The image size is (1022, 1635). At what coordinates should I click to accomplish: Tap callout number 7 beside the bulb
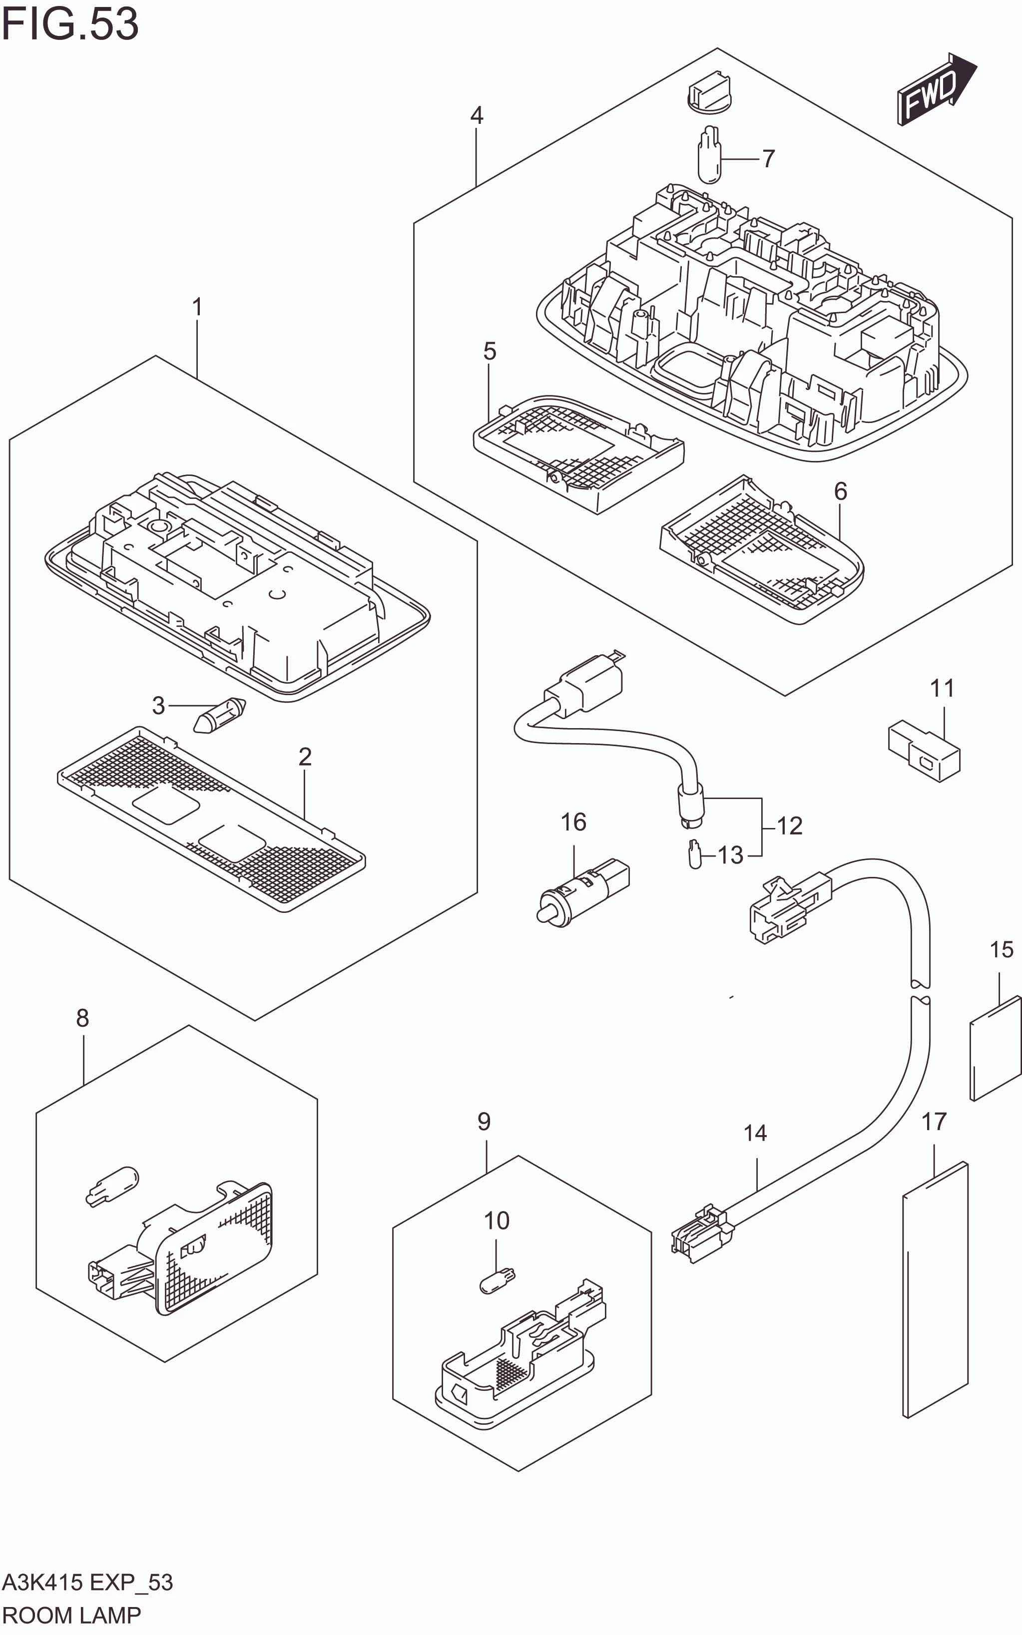pos(768,159)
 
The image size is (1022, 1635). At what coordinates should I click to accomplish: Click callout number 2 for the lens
pos(305,757)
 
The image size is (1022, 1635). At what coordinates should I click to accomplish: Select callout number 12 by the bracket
pos(790,825)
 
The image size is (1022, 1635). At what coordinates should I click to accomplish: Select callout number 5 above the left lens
pos(490,352)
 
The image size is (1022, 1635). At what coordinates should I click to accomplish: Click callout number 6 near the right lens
pos(840,491)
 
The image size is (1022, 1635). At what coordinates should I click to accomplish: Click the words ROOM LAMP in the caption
pos(71,1616)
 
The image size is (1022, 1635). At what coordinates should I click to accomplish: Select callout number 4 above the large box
pos(477,115)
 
